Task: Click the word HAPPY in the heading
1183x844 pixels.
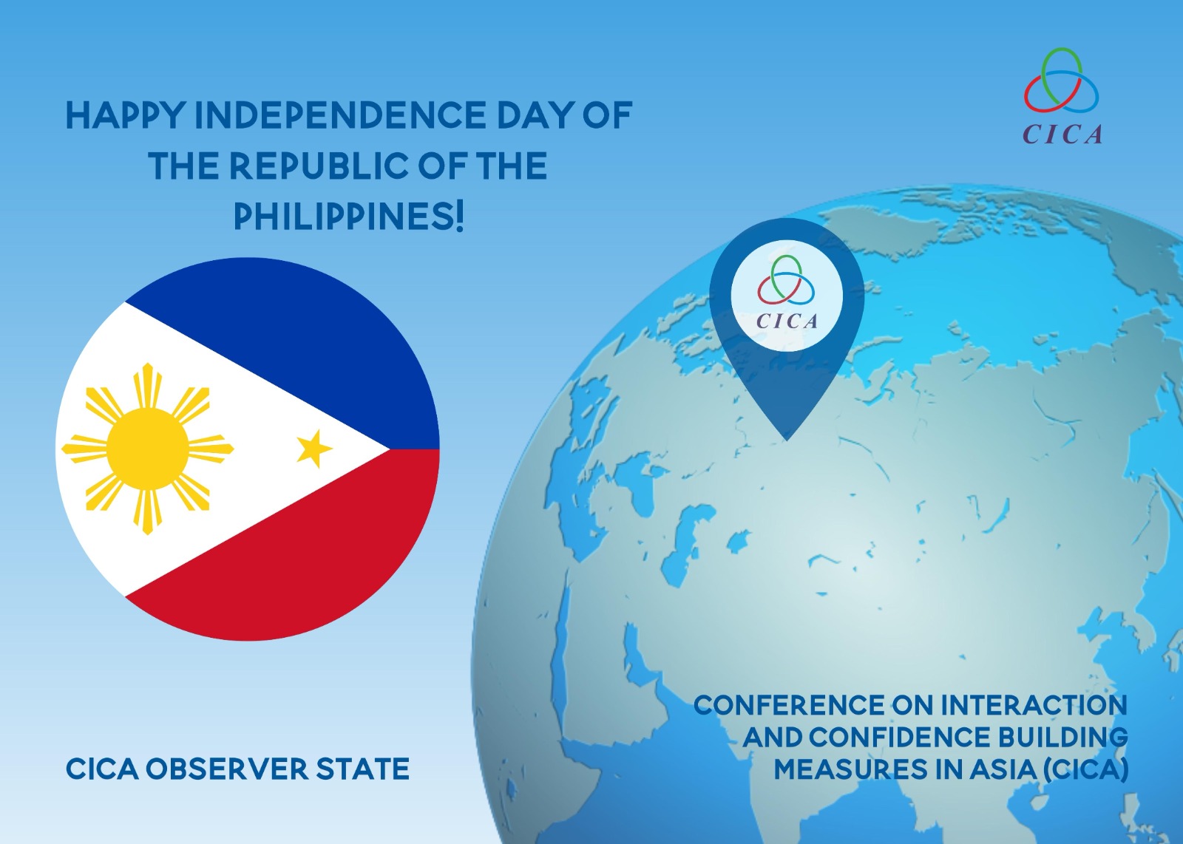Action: (x=125, y=115)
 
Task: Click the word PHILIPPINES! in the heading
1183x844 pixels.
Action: (x=348, y=217)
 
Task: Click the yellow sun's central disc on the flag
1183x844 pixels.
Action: (x=148, y=449)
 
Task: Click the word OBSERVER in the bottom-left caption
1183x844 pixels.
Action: (x=226, y=769)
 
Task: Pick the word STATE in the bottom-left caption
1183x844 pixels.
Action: (x=363, y=769)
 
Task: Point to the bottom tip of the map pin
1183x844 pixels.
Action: (x=787, y=440)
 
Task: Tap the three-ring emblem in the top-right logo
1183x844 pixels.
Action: (x=1062, y=81)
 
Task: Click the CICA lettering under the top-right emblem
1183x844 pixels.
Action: (x=1062, y=134)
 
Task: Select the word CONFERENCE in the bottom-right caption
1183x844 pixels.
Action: (x=788, y=705)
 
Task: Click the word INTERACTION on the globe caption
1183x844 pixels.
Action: (x=1034, y=705)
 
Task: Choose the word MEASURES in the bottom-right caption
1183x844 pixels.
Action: (x=850, y=769)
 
